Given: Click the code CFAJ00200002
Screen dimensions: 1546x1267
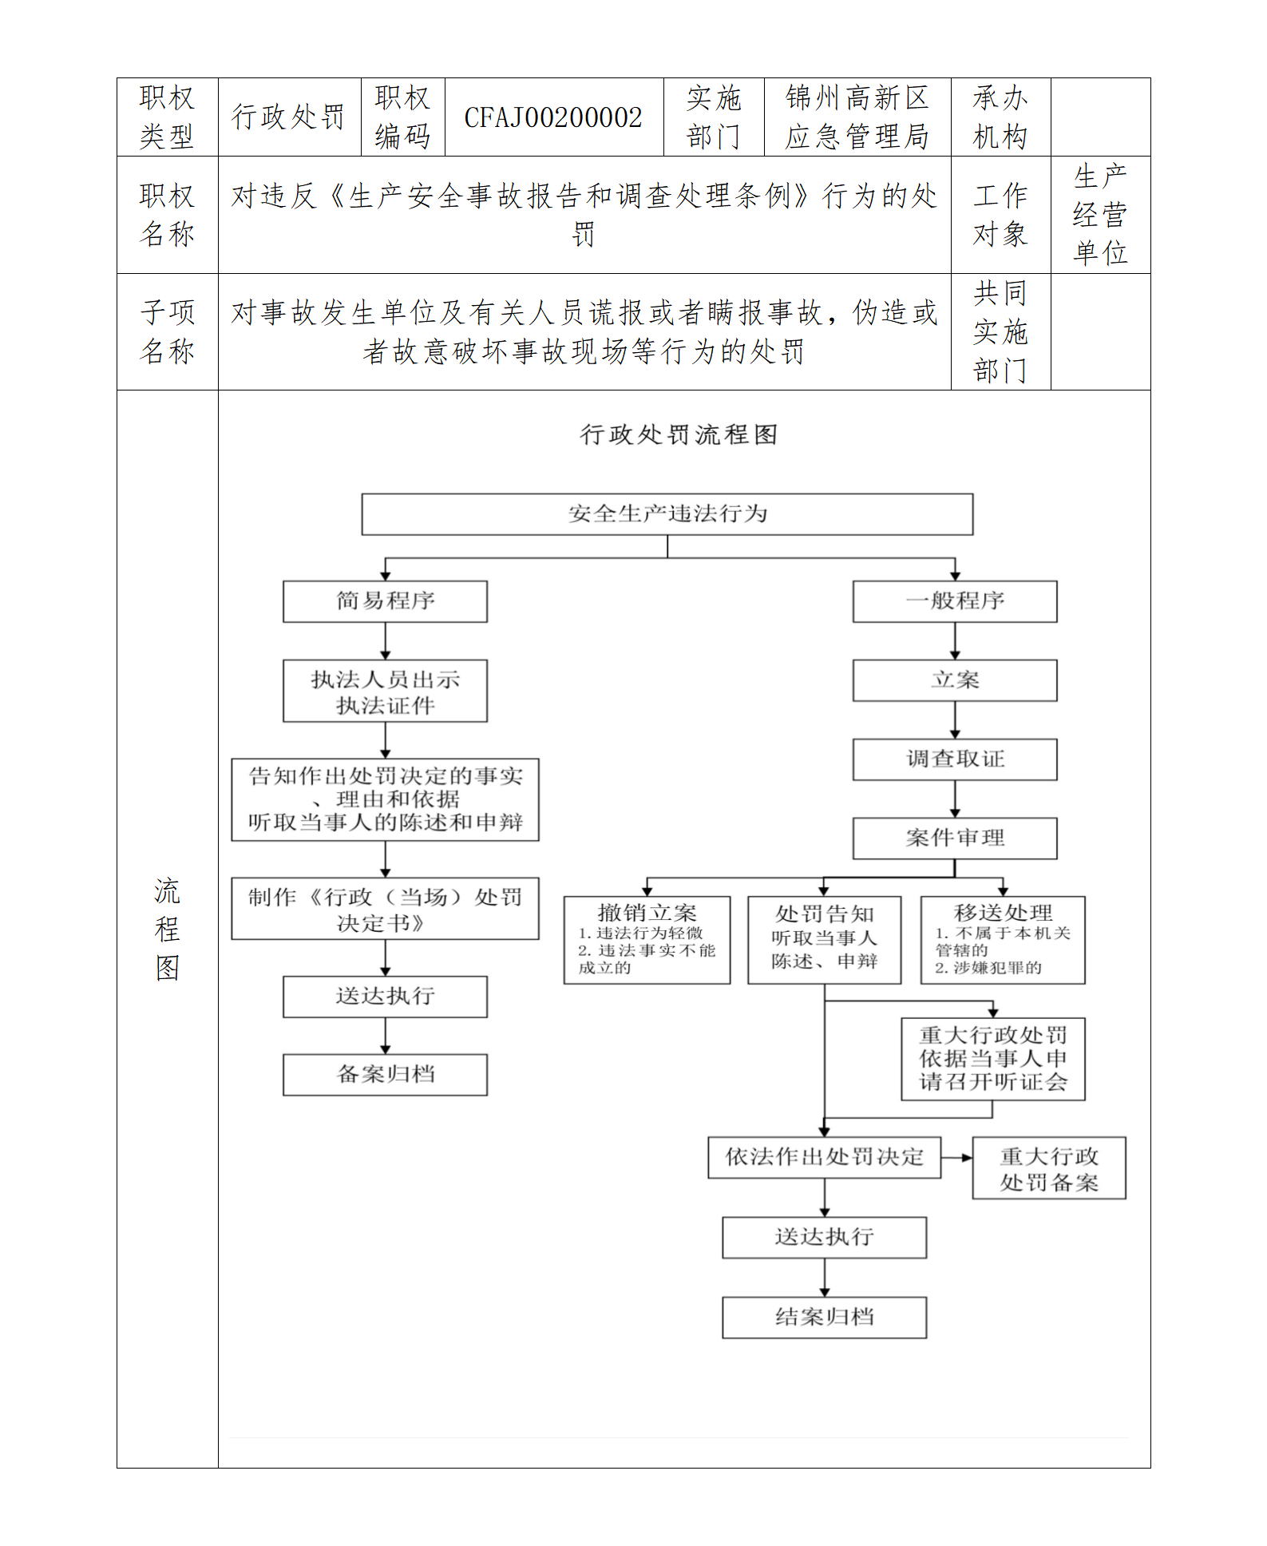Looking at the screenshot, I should pos(553,117).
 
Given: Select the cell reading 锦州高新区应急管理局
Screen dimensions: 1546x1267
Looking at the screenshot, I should pos(857,117).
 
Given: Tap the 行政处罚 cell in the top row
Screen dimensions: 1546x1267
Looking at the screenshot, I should pos(288,117).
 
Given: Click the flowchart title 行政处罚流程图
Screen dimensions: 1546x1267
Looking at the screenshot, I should pos(678,434).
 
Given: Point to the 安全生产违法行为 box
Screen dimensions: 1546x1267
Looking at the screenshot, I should pos(667,513).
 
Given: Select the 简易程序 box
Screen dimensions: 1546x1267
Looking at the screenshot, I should pos(385,601).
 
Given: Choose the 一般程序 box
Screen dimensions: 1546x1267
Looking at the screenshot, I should pos(954,601).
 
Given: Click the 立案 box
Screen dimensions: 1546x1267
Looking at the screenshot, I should pos(954,680).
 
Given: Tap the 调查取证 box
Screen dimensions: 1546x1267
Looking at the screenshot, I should pos(954,759).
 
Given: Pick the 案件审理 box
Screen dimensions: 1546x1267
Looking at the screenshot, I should pos(954,838).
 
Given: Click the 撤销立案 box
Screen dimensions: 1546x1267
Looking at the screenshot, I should pos(647,940).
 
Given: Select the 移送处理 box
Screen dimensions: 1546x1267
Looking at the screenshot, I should pos(1002,940).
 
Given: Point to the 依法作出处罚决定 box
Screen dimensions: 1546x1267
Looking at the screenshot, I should pos(824,1157).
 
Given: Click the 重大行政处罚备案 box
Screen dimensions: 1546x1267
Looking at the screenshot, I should pos(1048,1168).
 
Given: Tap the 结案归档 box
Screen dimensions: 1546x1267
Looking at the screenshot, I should pos(824,1317).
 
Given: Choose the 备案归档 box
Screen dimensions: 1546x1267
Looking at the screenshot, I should pos(385,1074).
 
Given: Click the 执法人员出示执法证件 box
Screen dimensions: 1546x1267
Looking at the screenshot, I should pos(385,691).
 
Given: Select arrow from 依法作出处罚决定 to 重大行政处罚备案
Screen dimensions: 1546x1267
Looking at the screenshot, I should pos(956,1157).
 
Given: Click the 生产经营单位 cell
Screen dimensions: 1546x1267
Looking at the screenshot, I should pos(1099,214).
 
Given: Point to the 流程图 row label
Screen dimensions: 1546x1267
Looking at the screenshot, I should pos(167,928).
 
